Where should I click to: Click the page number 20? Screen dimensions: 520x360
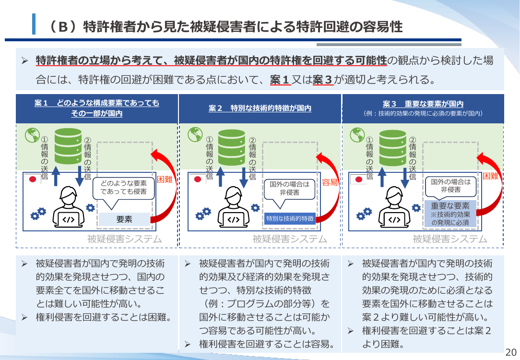pos(511,352)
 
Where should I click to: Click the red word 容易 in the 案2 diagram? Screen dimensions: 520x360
pos(330,182)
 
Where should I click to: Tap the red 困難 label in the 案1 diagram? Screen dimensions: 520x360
pos(165,180)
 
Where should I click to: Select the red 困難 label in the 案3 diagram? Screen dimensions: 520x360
pos(490,176)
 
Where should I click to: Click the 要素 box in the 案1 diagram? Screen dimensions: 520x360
pos(124,219)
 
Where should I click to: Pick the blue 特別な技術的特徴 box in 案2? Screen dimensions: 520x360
pos(290,219)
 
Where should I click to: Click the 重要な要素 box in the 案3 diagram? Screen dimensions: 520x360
pos(450,214)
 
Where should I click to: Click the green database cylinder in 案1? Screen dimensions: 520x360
pos(68,146)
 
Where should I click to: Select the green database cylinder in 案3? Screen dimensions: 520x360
pos(393,148)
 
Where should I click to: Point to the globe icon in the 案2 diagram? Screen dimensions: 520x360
pos(195,134)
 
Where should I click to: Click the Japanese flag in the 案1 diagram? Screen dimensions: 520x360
pos(33,179)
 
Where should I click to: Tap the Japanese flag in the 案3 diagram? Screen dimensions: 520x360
pos(358,179)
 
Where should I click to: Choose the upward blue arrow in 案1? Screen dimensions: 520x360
pos(56,176)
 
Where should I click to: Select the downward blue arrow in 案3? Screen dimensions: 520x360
pos(404,178)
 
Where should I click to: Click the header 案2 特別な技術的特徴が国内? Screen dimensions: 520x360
pos(260,108)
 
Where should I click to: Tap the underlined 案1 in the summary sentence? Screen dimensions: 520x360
pos(280,80)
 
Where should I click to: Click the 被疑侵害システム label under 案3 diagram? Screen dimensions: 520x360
pos(450,239)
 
